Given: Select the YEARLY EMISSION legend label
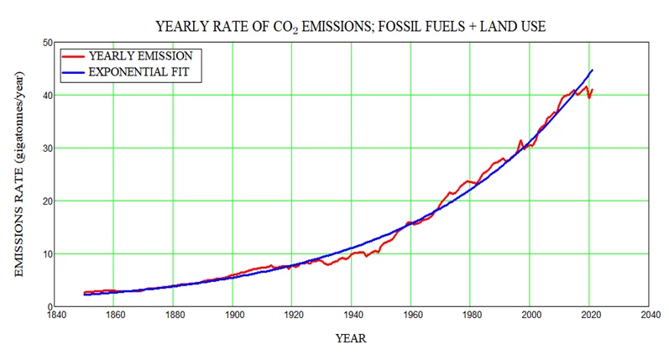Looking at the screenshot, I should click(140, 55).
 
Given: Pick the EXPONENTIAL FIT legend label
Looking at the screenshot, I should click(144, 73).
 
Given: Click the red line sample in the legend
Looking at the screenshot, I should click(76, 55).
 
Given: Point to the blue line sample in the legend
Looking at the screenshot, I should click(76, 73).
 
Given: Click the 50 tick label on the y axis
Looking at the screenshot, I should click(48, 42).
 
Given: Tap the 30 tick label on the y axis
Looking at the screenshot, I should click(48, 148).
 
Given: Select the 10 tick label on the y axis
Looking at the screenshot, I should click(48, 253).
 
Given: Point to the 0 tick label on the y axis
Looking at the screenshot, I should click(50, 306).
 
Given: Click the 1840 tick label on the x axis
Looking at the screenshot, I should click(55, 316).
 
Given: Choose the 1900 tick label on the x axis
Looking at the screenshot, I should click(233, 316).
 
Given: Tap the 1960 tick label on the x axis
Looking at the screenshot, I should click(411, 316).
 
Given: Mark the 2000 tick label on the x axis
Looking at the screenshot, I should click(530, 316).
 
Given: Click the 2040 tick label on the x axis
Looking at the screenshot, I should click(649, 316).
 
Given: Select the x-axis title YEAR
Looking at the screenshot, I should click(351, 339).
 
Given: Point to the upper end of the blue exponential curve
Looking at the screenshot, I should click(593, 70).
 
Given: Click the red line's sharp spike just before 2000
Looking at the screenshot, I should click(520, 141).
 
